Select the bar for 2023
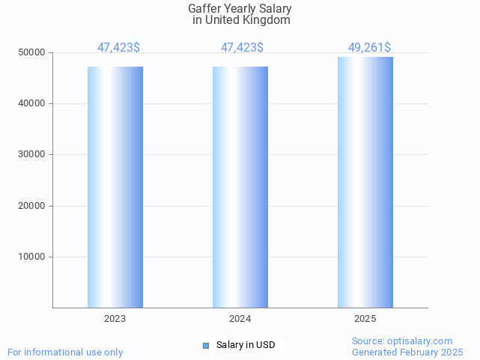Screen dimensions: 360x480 click(115, 187)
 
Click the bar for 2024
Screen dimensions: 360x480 click(240, 187)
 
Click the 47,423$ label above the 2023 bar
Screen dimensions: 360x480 click(118, 48)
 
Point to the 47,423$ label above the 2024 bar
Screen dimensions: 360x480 click(242, 48)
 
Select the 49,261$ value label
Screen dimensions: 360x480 click(369, 48)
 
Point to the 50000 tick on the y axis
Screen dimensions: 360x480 click(32, 52)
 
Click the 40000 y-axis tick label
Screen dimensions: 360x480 click(32, 103)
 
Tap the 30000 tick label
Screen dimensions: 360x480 click(32, 154)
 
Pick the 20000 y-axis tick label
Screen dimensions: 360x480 click(32, 206)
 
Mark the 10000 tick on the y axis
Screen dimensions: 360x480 click(32, 257)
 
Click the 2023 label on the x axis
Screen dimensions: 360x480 click(115, 319)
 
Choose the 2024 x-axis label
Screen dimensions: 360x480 click(240, 319)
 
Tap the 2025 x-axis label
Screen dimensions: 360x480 click(365, 319)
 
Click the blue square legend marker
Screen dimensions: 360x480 click(206, 345)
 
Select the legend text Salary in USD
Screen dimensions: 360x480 click(246, 345)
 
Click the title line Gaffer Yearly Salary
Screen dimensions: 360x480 click(240, 9)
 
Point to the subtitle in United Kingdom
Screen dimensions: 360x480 click(241, 20)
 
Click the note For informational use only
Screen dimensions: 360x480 click(65, 352)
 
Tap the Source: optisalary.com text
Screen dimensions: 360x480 click(402, 341)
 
